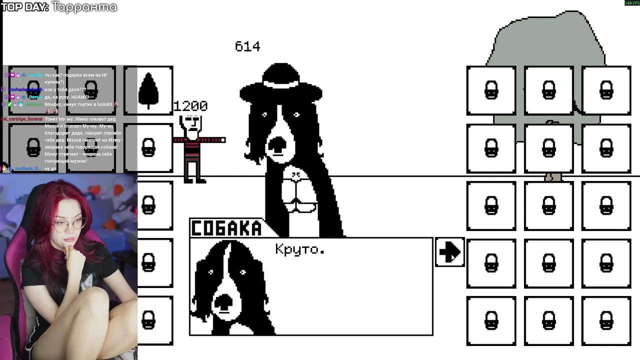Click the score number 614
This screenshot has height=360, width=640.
point(247,46)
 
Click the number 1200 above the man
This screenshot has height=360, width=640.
point(190,106)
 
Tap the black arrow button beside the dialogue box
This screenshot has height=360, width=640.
point(449,252)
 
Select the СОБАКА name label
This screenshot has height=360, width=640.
point(227,228)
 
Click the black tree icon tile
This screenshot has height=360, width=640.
point(148,90)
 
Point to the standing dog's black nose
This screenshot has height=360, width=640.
point(276,143)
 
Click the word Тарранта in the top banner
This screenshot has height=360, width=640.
point(84,7)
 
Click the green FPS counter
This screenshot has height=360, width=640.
point(631,3)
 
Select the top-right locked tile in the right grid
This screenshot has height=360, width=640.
point(606,90)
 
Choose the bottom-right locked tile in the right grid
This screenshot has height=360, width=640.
point(606,320)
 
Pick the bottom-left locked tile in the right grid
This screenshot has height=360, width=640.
point(491,320)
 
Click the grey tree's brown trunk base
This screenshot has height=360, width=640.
point(552,177)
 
